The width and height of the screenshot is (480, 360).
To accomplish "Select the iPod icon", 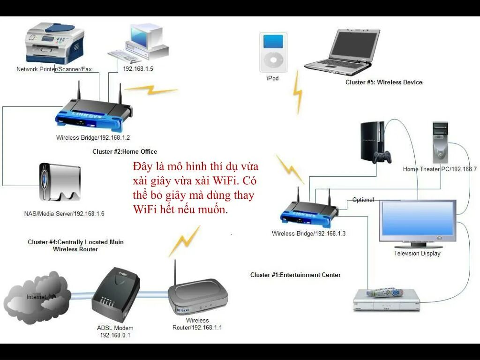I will click(x=272, y=52).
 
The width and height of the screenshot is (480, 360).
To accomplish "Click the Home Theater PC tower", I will click(x=440, y=142).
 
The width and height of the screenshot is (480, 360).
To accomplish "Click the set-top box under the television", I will click(x=386, y=300).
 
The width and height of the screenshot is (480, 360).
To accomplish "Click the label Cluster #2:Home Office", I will click(x=125, y=151).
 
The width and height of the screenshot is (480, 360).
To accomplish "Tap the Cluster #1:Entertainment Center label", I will click(x=295, y=275).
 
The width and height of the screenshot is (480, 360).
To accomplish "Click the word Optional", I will click(x=363, y=200).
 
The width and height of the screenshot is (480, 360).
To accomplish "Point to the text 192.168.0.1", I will click(x=115, y=335).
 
